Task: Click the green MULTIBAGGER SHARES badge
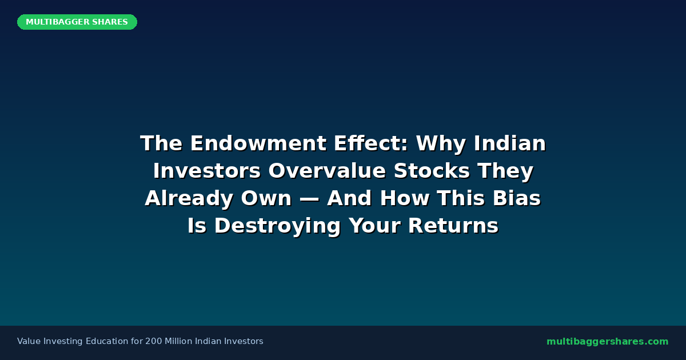pos(77,22)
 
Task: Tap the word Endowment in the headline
pos(246,143)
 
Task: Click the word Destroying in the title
pos(278,226)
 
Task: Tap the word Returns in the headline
pos(453,226)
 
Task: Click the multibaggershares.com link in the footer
pos(607,342)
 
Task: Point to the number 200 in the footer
pos(154,342)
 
